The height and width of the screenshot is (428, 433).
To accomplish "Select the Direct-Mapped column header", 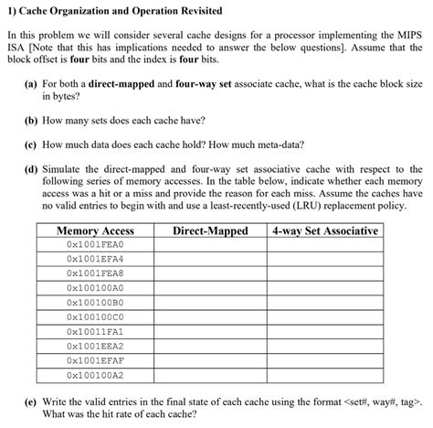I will [x=210, y=231].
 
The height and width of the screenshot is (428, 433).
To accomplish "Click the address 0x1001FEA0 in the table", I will [x=95, y=245].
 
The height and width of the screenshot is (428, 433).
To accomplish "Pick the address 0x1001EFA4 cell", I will [x=95, y=259].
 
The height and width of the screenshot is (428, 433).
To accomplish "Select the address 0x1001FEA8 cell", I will [x=95, y=273].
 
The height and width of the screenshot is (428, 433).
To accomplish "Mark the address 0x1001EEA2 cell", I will [x=95, y=346].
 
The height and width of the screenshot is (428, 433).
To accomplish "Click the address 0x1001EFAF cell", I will [x=95, y=360].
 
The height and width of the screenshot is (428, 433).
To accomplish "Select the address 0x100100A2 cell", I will [x=95, y=375].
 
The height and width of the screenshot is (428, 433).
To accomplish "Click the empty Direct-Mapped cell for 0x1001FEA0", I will [x=210, y=245].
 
